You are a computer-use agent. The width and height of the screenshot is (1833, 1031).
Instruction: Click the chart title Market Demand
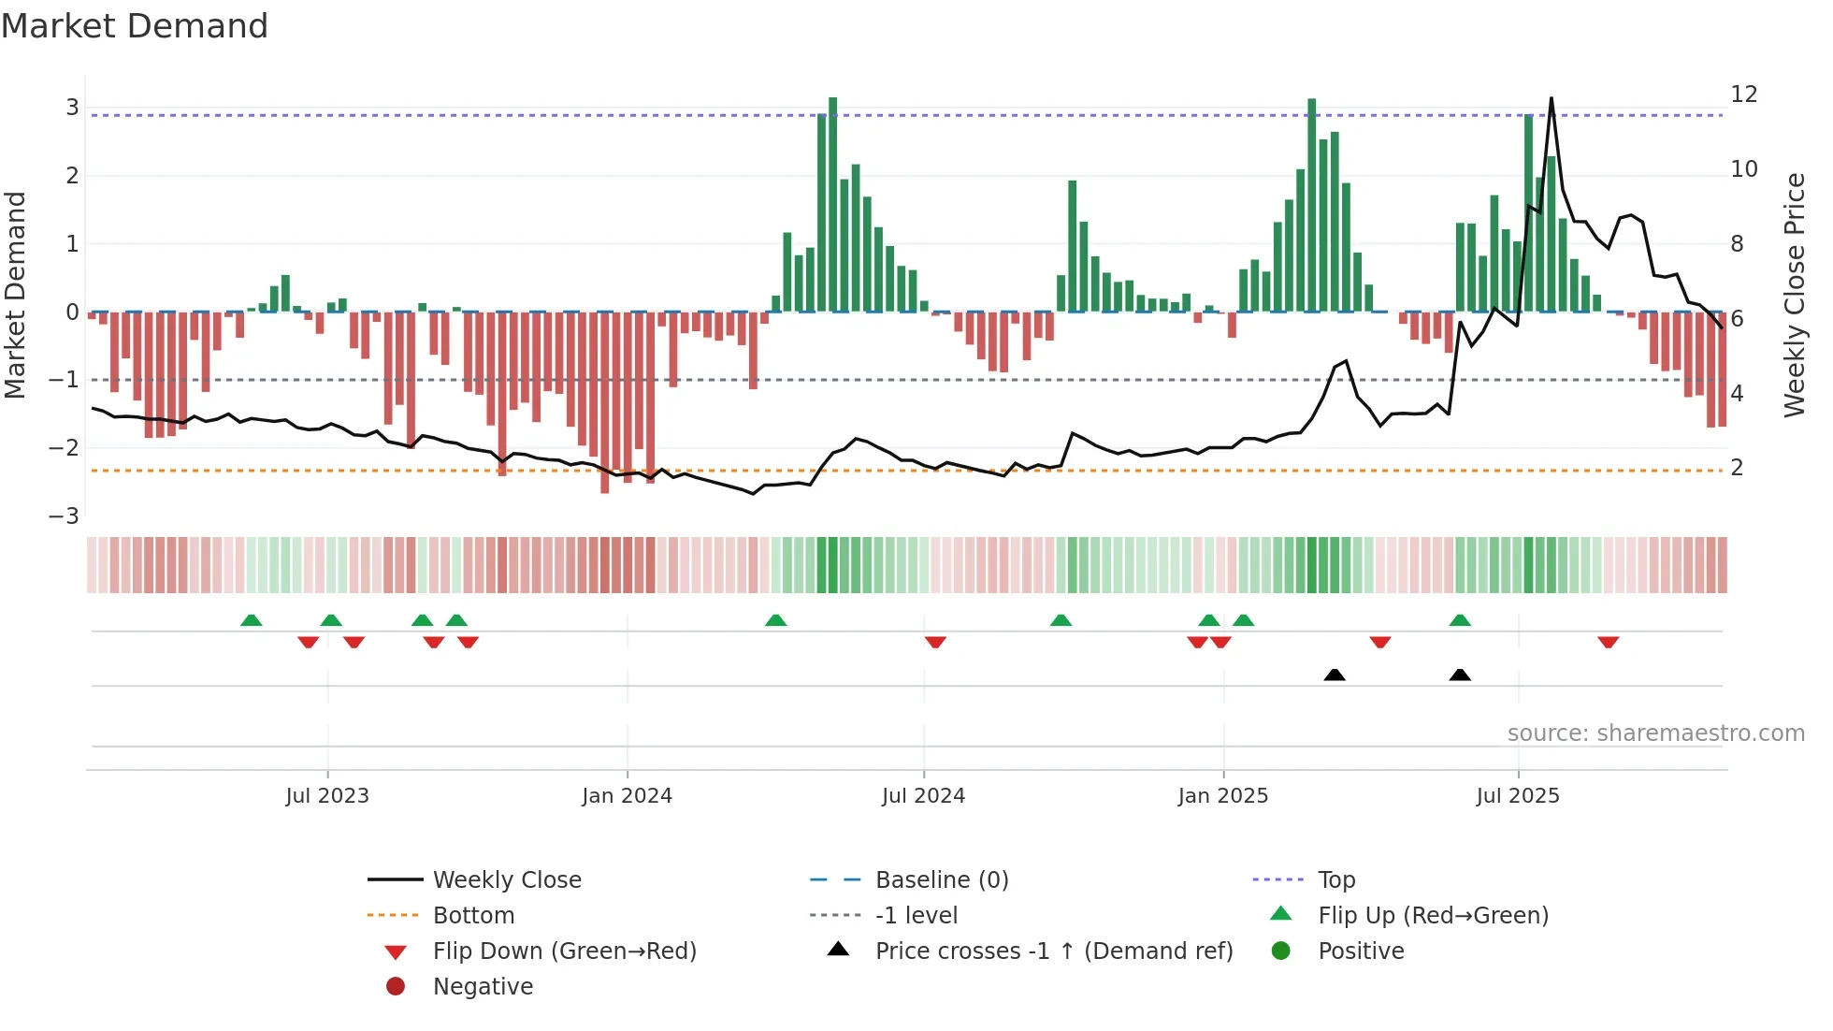[135, 26]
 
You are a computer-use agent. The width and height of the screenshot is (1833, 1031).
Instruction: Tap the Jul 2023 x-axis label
[327, 796]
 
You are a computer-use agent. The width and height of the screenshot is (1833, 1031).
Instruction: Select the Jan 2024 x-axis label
[627, 796]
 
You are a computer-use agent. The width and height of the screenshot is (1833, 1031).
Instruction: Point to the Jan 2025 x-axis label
[1222, 796]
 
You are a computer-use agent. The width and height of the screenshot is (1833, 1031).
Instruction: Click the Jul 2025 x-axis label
[1518, 796]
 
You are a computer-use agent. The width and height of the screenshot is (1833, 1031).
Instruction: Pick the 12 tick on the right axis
[1743, 94]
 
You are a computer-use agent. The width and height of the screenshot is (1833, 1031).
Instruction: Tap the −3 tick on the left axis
[64, 516]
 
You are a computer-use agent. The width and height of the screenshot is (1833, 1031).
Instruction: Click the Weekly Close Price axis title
[1794, 295]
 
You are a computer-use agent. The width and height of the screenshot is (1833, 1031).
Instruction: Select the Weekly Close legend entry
[506, 880]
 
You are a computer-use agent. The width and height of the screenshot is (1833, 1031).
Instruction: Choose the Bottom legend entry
[473, 916]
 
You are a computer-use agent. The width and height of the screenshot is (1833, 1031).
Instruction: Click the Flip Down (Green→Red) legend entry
[564, 951]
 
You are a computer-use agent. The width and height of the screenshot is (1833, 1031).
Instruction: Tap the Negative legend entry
[483, 987]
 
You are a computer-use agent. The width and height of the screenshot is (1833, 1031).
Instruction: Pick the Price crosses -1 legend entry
[1053, 951]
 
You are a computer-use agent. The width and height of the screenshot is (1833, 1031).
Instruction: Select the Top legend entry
[1335, 880]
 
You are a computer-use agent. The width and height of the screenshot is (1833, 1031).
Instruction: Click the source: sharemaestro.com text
[1655, 733]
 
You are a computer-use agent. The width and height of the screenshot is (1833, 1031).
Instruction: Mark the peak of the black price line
[1552, 98]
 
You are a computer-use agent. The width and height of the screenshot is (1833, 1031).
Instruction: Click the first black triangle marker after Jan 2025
[1335, 675]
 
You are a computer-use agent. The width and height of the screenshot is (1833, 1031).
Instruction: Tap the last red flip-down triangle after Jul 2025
[1608, 643]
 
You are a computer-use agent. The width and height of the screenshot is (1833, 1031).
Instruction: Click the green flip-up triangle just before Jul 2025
[1460, 620]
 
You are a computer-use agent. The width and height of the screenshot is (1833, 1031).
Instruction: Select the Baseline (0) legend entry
[941, 880]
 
